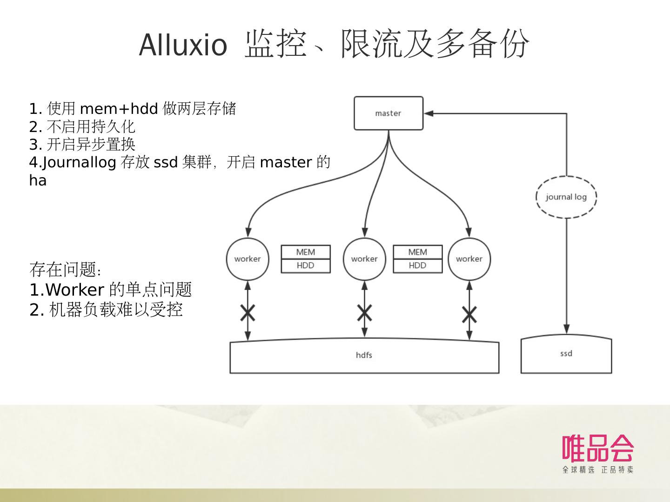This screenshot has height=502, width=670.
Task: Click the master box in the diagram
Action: coord(389,113)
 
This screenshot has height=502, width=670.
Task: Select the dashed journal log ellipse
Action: coord(566,197)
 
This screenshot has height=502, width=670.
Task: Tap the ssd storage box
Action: coord(566,354)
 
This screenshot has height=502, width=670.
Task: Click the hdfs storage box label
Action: coord(364,355)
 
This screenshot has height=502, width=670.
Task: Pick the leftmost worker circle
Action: coord(248,259)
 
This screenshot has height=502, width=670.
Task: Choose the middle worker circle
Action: coord(364,259)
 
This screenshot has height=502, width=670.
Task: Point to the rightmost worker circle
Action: coord(469,259)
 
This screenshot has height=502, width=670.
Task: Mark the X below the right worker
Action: coord(469,315)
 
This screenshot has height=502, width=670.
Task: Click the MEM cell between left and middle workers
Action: coord(306,252)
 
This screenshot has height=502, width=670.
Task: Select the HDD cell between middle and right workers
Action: coord(417,265)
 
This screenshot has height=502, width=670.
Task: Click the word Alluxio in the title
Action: coord(183,46)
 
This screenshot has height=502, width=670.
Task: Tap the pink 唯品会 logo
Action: coord(598,448)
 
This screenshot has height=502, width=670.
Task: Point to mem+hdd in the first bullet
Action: coord(119,109)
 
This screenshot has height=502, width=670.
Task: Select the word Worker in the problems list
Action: coord(74,290)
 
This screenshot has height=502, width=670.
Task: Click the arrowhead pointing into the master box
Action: coord(429,113)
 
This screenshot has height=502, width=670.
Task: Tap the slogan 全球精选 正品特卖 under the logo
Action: coord(598,469)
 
